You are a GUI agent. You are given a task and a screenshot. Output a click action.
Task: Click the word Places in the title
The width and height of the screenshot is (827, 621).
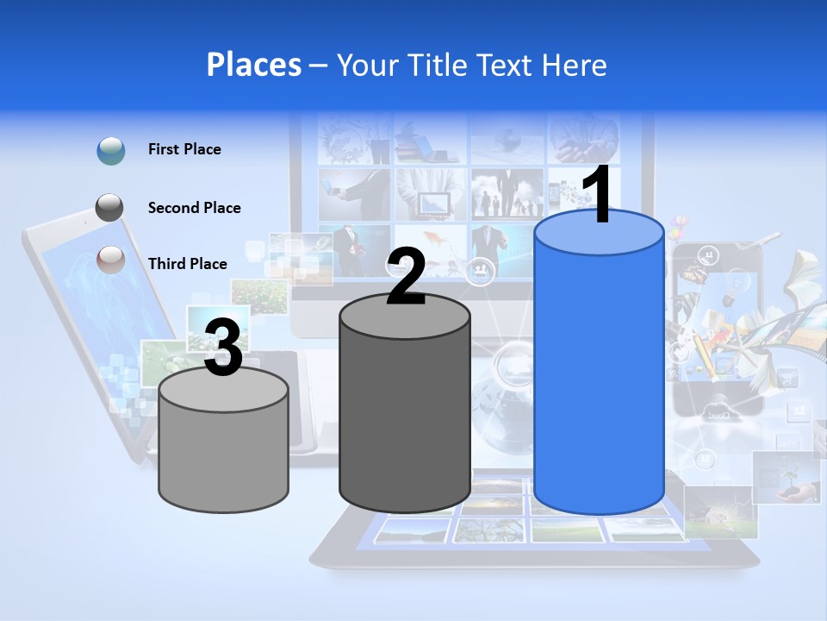point(253,65)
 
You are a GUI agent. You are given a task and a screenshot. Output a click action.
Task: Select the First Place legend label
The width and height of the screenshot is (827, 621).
point(184,149)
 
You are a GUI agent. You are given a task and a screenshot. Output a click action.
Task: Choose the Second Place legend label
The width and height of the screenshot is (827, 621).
point(194,208)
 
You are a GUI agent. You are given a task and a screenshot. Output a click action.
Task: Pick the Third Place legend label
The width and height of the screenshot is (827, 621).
point(187,264)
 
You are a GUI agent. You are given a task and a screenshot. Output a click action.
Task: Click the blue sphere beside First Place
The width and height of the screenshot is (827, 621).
point(111,151)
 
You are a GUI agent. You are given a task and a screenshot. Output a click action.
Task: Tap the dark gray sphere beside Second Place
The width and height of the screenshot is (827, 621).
point(110,208)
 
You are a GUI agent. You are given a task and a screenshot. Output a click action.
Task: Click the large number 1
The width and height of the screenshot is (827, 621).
point(596,196)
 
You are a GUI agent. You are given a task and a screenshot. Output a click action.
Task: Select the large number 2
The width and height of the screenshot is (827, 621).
point(406,278)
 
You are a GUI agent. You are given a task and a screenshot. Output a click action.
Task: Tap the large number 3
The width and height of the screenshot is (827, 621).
point(223,348)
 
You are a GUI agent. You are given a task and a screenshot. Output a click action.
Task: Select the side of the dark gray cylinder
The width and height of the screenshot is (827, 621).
point(405,423)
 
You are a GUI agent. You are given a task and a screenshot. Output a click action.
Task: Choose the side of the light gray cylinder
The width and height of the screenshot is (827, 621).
point(224,457)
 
